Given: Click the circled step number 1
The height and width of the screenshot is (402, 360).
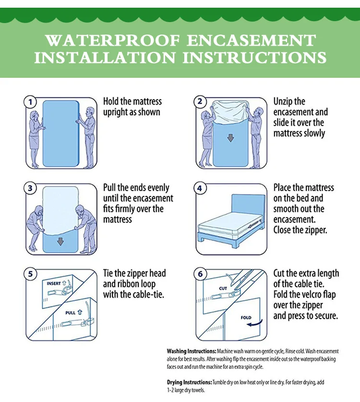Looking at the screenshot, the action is click(30, 102).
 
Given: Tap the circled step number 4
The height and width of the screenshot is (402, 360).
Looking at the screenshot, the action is click(200, 188).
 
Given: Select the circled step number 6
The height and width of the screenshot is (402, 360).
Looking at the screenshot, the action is click(200, 274).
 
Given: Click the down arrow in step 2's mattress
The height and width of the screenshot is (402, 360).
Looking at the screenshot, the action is click(230, 138).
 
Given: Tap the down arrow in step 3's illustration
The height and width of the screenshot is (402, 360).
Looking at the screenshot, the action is click(60, 241).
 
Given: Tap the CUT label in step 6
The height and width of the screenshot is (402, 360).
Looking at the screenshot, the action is click(223, 289).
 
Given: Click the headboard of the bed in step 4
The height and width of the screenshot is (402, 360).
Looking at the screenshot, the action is click(248, 206).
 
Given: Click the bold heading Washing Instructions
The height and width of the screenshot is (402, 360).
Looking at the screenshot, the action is click(192, 351).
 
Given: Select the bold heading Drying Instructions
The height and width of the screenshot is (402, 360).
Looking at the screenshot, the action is click(189, 382).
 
